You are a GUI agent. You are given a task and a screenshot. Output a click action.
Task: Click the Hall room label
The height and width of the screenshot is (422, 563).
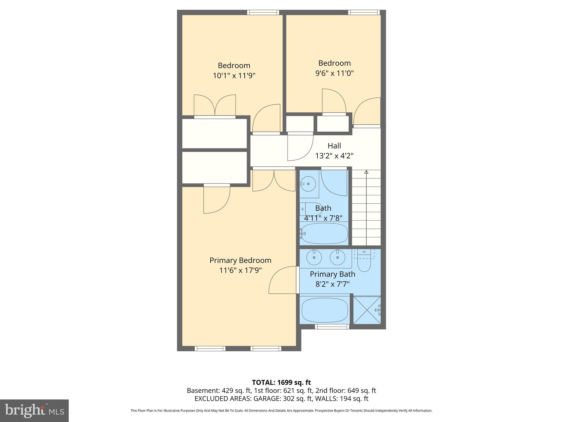[334, 146]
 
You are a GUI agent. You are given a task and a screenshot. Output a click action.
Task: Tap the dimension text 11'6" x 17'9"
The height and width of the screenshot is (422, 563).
[240, 270]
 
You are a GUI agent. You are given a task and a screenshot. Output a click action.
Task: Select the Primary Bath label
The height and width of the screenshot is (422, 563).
[332, 274]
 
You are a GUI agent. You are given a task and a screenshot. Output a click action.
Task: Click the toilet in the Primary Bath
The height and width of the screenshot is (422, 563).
[364, 263]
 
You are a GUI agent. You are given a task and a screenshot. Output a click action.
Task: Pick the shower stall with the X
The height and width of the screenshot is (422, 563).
[367, 310]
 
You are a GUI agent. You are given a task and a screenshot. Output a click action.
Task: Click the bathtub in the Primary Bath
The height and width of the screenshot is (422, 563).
[325, 310]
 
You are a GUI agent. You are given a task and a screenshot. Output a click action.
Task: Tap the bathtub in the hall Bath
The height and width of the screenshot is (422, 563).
[325, 234]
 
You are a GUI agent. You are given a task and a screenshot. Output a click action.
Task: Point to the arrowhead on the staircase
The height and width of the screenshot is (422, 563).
[366, 172]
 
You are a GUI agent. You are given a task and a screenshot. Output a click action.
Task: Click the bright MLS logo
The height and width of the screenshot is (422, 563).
[34, 410]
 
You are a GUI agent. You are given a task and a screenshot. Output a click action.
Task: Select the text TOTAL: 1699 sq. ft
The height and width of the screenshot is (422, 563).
[281, 382]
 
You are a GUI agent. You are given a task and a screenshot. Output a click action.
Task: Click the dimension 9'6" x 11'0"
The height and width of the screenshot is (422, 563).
[334, 73]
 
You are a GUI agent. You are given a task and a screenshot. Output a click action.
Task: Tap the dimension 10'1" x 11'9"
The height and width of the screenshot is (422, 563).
[234, 76]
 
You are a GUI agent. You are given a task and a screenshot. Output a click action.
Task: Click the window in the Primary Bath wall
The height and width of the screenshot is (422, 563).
[332, 327]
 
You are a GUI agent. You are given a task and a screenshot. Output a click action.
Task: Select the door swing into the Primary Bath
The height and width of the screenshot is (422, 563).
[283, 280]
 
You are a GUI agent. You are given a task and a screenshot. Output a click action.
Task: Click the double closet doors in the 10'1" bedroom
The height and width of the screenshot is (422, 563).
[215, 106]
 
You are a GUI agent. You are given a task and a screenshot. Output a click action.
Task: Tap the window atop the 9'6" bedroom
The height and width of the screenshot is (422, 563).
[364, 12]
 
